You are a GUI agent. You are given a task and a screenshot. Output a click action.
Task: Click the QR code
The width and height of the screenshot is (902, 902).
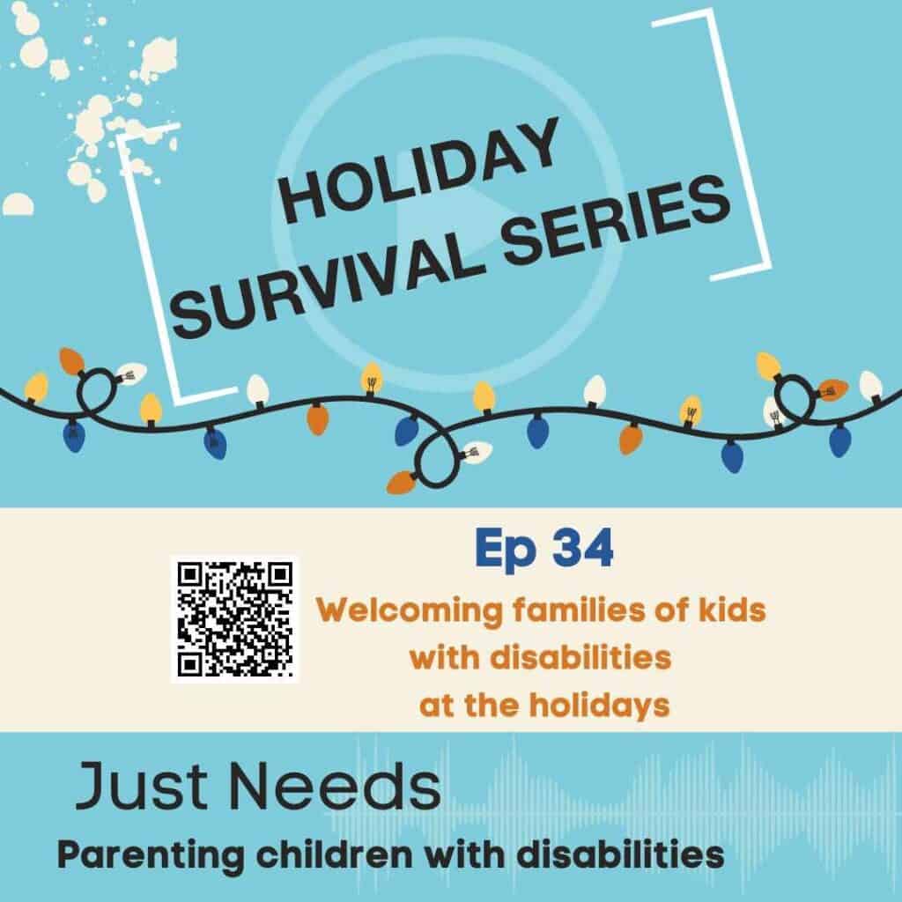234,618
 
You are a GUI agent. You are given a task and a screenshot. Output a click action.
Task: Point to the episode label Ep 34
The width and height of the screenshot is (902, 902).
543,550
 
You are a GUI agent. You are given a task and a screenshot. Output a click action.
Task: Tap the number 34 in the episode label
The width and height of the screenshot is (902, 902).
582,550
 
